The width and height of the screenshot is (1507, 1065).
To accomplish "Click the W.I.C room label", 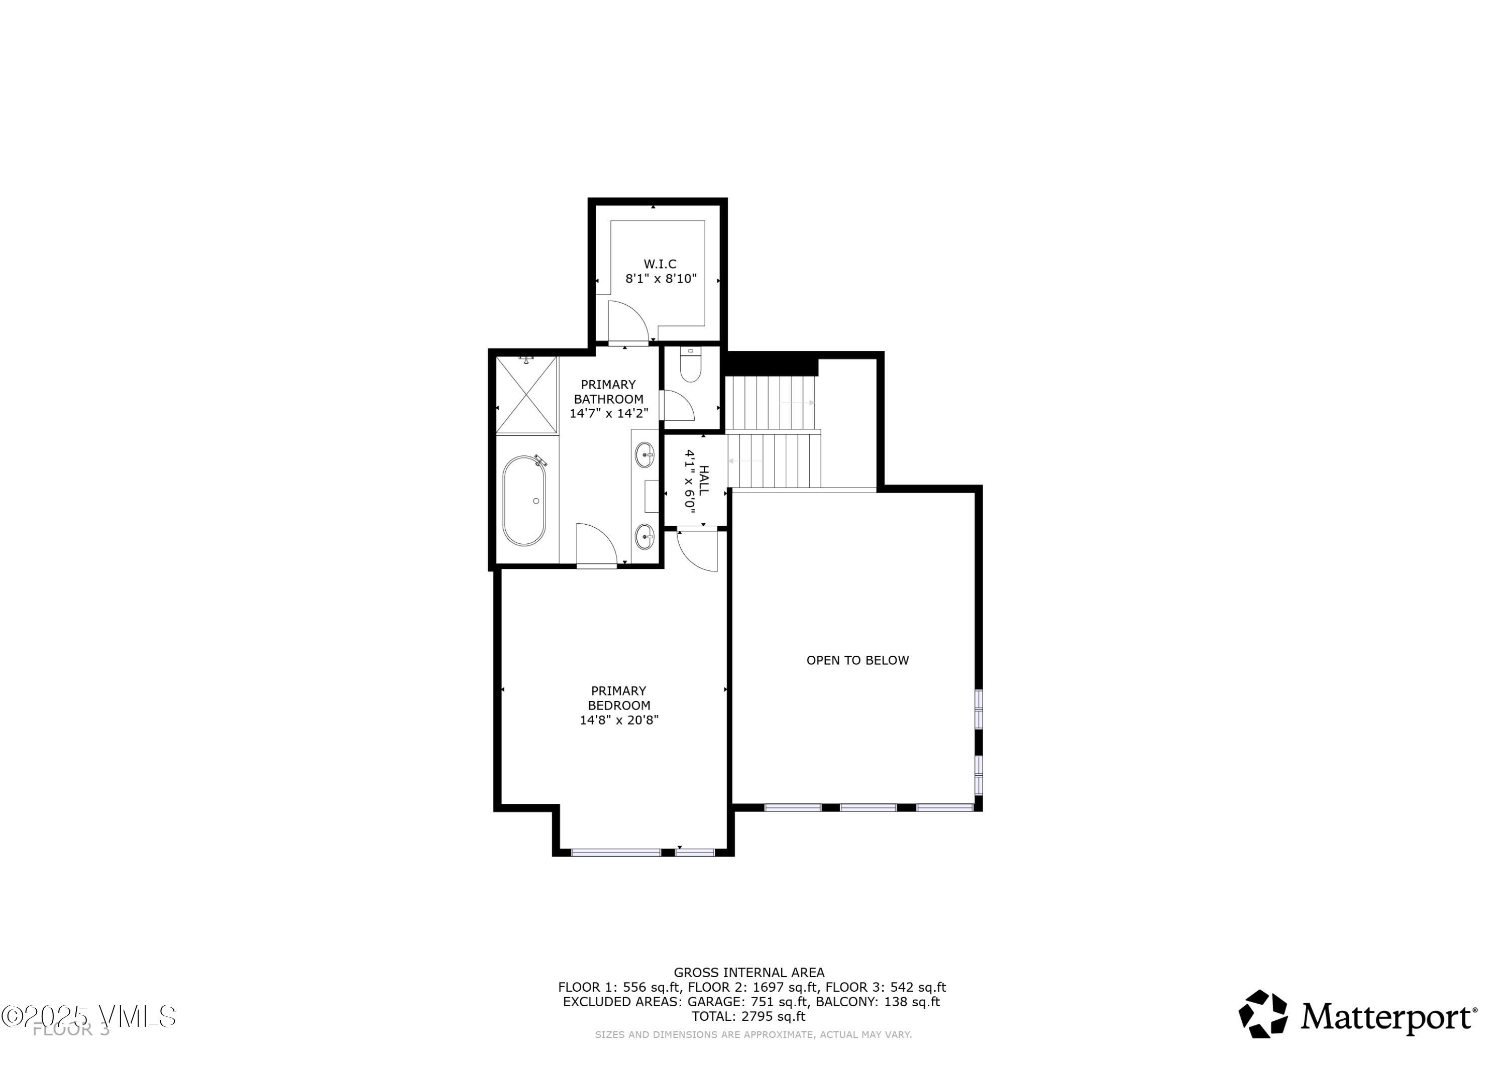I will pos(660,264).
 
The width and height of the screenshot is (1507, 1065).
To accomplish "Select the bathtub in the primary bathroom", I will pos(524,501).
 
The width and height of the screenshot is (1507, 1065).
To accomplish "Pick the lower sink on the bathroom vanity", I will pos(644,537).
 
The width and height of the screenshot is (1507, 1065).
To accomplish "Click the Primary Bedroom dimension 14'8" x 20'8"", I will pos(618,720).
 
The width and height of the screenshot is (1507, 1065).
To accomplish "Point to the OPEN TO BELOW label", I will pos(857,660).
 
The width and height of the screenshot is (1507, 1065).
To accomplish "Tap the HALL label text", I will pos(704,481).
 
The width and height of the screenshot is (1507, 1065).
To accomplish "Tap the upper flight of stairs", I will pos(771,402).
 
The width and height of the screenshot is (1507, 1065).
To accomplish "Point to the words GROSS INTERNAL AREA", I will pos(749,973).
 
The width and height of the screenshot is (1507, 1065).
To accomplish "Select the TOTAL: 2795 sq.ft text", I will pos(748,1016).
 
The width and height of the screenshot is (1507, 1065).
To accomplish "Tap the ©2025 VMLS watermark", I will pos(88,1016).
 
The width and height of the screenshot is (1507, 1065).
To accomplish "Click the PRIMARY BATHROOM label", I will pos(608,392).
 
